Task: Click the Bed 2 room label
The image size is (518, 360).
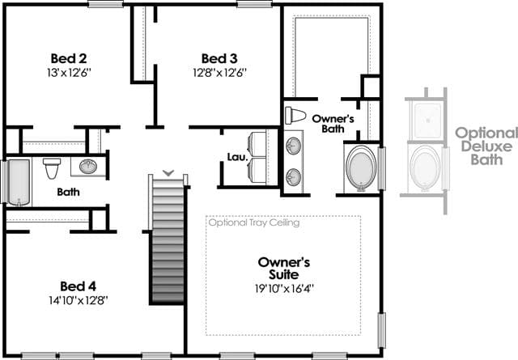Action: [69, 58]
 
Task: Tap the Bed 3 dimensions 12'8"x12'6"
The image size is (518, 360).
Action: [219, 73]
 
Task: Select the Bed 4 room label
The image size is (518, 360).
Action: [79, 286]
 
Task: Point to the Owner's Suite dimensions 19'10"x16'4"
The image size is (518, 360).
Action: [284, 289]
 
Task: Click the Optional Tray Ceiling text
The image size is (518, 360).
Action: [254, 222]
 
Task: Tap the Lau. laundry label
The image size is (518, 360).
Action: [237, 157]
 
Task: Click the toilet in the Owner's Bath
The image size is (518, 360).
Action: [295, 115]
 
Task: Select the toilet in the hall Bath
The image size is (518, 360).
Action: [52, 168]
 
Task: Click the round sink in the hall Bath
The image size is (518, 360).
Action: [88, 167]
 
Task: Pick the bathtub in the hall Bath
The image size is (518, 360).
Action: [19, 182]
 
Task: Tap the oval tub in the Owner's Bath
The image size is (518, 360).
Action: [361, 168]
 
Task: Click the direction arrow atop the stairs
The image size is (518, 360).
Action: [168, 172]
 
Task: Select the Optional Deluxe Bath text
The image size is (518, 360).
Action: [486, 146]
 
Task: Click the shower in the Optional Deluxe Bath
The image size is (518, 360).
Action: [427, 121]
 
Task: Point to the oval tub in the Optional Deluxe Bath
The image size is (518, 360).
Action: [425, 168]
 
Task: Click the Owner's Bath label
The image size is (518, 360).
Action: [333, 124]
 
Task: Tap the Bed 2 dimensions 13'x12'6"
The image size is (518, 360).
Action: [69, 73]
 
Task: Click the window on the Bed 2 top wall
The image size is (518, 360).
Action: [106, 4]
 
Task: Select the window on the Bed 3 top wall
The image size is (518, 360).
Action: [254, 4]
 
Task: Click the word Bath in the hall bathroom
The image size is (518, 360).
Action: [68, 192]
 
